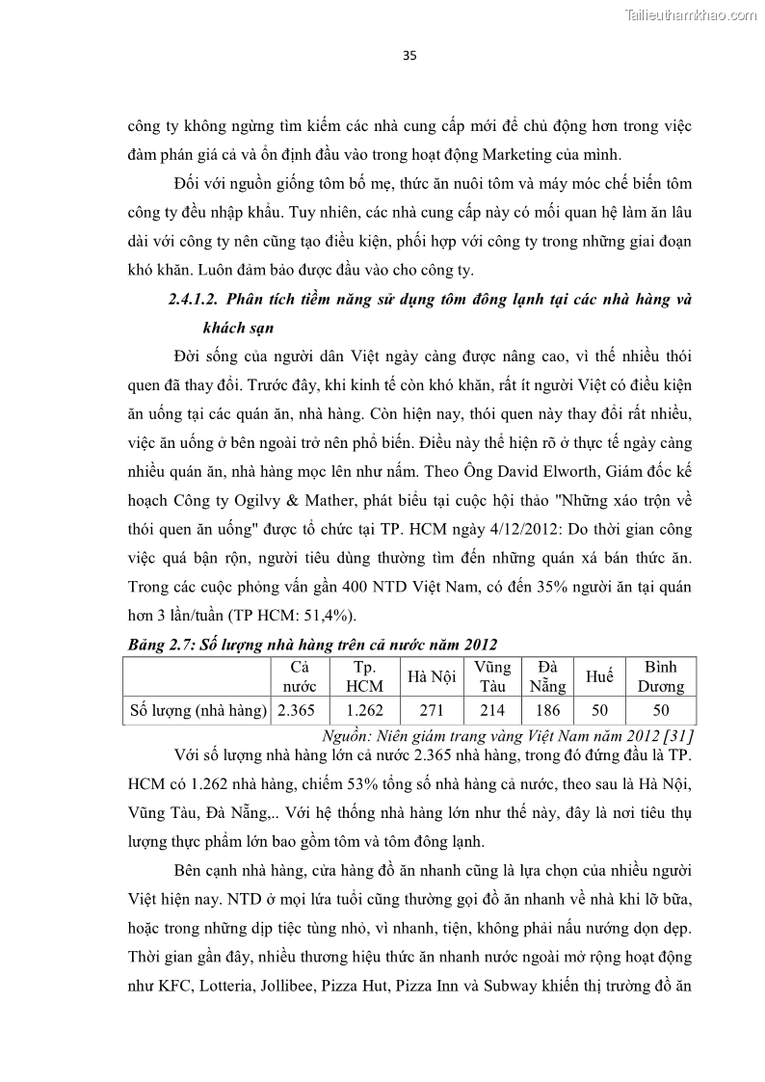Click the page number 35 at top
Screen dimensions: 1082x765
click(x=409, y=56)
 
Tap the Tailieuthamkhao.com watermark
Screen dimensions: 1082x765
click(x=692, y=14)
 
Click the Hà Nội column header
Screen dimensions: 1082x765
click(x=432, y=676)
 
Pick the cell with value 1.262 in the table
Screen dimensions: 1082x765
click(x=364, y=711)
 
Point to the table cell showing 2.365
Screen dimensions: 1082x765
click(x=299, y=711)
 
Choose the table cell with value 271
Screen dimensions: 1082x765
click(x=432, y=711)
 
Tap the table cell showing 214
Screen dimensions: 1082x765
click(x=492, y=711)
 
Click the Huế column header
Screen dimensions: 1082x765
click(x=599, y=676)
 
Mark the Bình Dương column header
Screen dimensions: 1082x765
click(x=660, y=676)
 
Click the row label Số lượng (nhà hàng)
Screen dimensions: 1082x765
click(x=198, y=711)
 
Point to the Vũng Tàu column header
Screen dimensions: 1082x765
click(x=492, y=676)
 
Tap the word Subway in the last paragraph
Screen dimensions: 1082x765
click(x=538, y=988)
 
